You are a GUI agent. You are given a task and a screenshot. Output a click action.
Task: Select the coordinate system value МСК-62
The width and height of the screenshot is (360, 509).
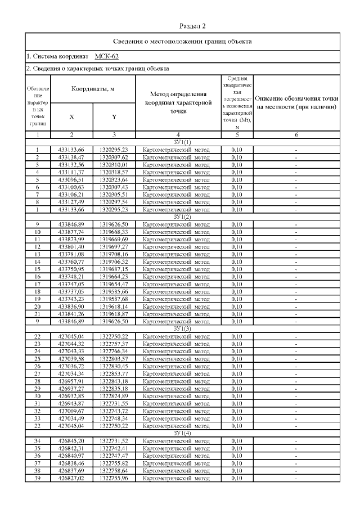[106, 56]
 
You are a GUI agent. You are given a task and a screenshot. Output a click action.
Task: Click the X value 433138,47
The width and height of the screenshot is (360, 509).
[71, 157]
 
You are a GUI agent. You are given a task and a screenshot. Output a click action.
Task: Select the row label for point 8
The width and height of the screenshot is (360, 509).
[37, 201]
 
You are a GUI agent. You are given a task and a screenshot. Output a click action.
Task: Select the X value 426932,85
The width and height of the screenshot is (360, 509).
[71, 395]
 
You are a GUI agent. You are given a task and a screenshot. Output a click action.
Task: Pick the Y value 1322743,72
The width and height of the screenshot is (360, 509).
[114, 410]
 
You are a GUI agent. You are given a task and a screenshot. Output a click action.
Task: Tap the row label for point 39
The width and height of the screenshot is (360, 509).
[37, 479]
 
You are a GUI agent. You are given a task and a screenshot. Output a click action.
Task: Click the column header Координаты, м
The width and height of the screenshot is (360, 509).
[93, 89]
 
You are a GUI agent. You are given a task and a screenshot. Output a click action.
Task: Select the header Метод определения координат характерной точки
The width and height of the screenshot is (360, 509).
[178, 103]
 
